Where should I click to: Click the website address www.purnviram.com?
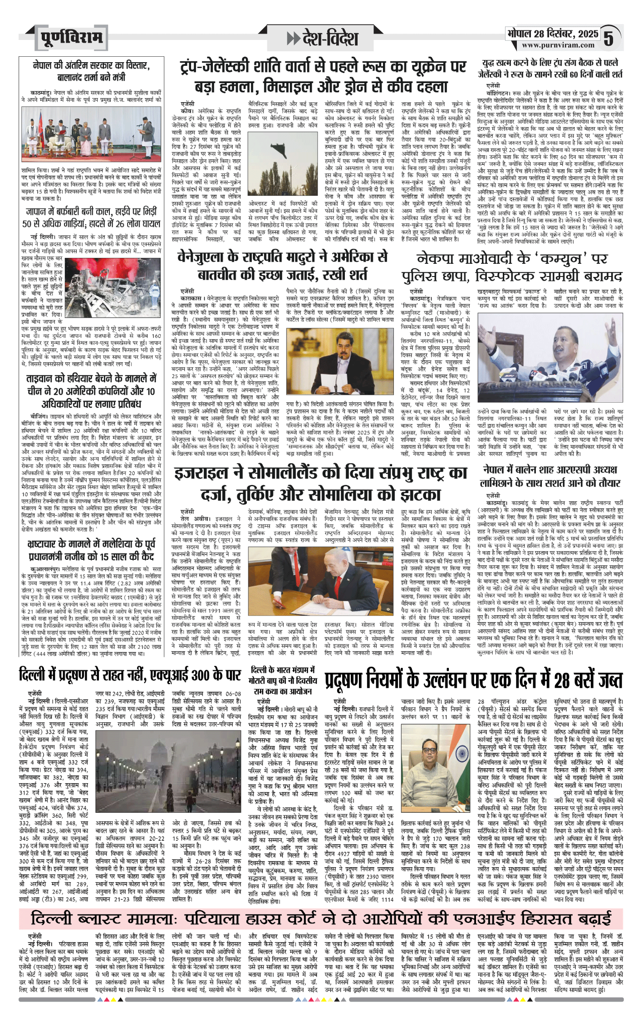point(558,45)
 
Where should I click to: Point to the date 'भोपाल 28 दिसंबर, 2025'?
point(553,34)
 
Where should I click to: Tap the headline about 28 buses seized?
point(473,680)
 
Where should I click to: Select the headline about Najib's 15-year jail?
point(91,550)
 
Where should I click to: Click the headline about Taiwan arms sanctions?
point(91,391)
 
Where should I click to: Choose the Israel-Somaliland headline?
point(320,483)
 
